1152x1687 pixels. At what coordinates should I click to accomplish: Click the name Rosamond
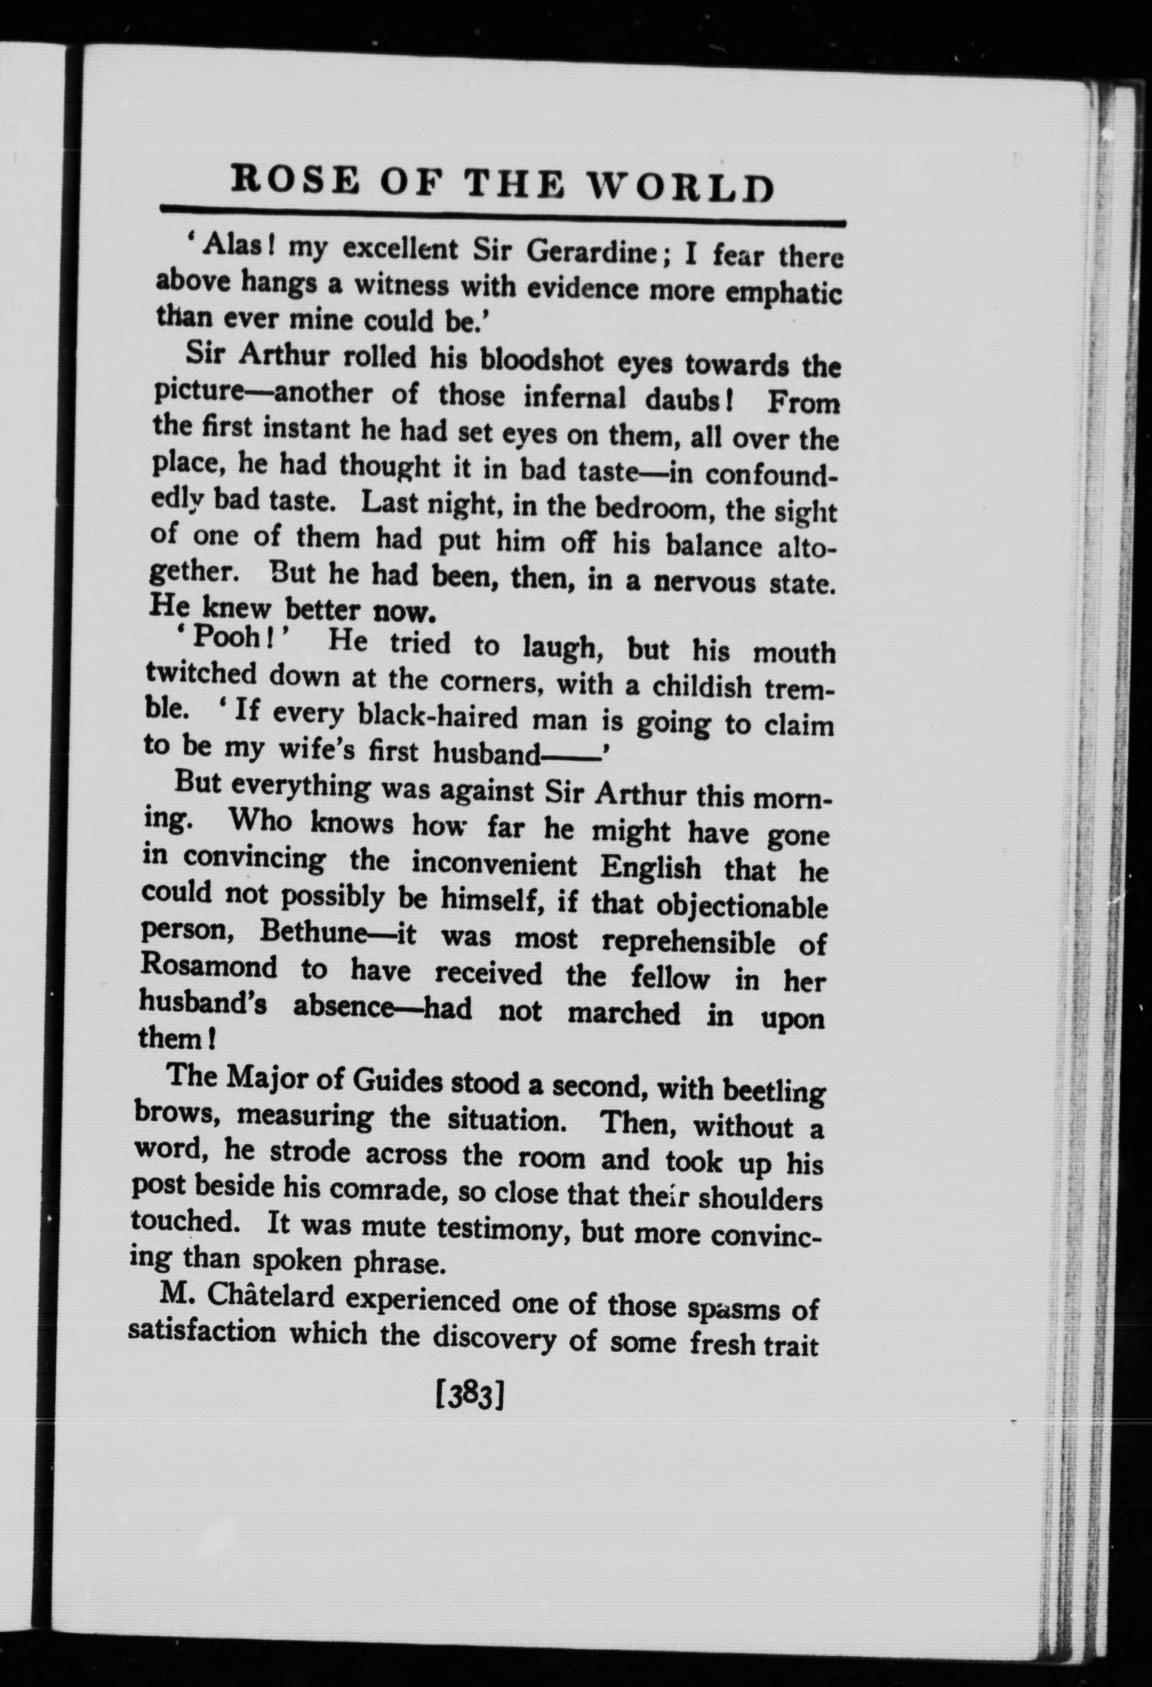209,966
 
